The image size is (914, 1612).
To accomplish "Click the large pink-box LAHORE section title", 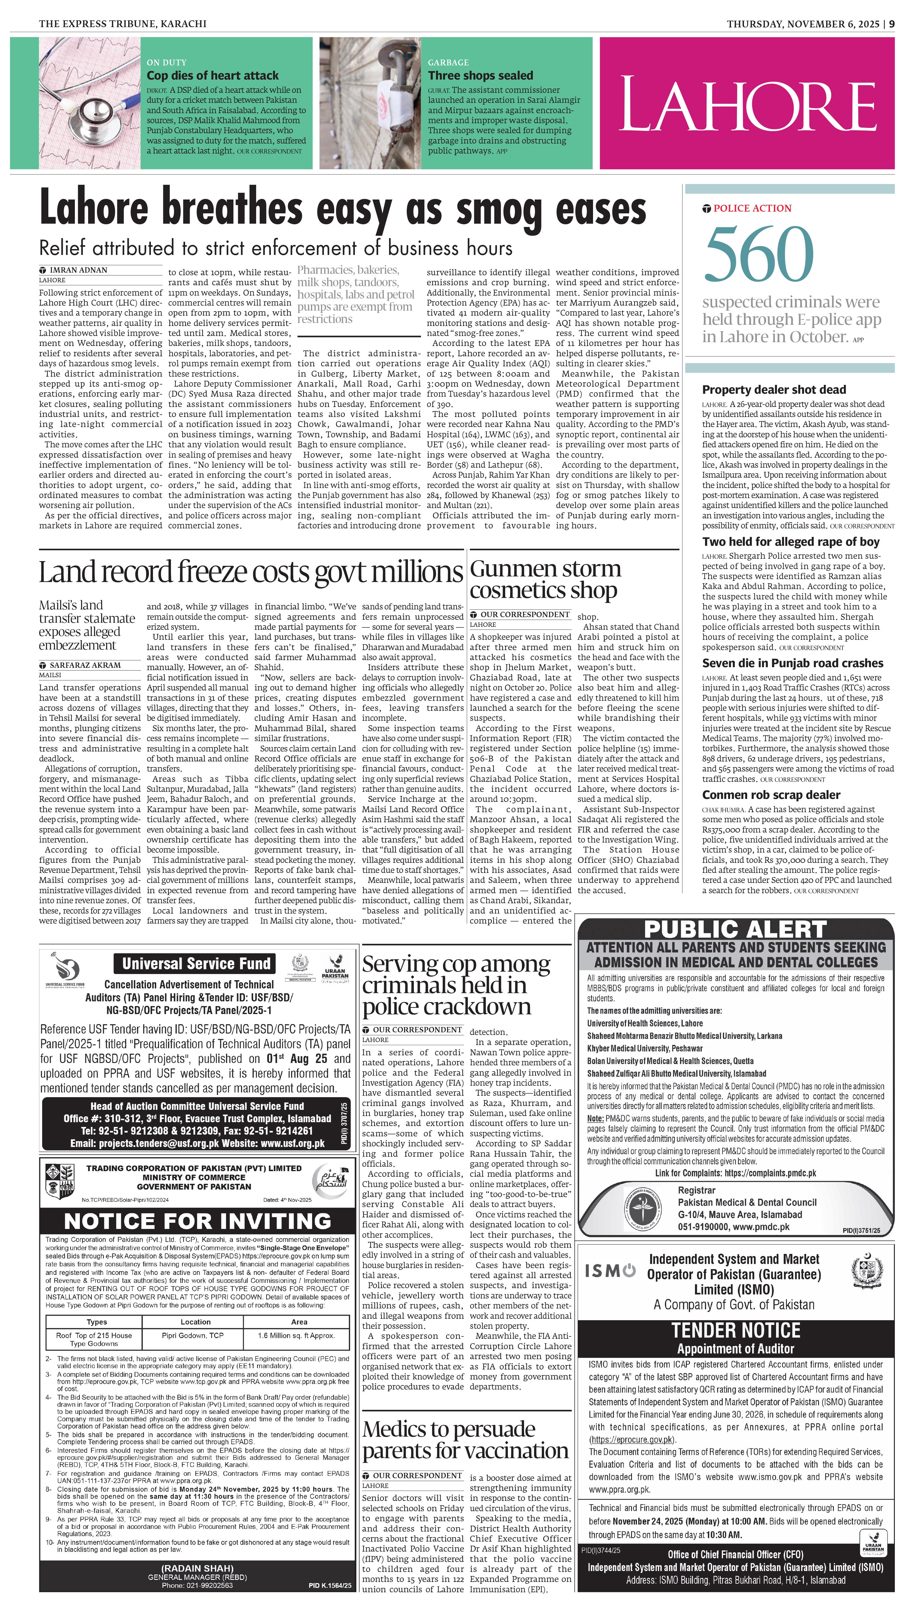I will click(x=747, y=103).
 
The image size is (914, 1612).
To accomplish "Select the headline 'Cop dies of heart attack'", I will click(x=212, y=75).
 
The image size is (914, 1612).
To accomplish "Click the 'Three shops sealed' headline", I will click(x=480, y=75).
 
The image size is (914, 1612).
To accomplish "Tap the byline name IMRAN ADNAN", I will click(x=78, y=270).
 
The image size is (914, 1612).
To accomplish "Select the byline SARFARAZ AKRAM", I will click(x=85, y=665).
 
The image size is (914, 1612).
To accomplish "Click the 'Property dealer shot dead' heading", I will click(x=773, y=390).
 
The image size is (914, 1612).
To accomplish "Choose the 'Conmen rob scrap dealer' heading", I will click(x=771, y=795).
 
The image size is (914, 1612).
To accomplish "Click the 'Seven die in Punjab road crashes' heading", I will click(x=792, y=663).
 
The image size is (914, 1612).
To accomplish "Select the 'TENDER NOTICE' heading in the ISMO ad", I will click(x=736, y=1330).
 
